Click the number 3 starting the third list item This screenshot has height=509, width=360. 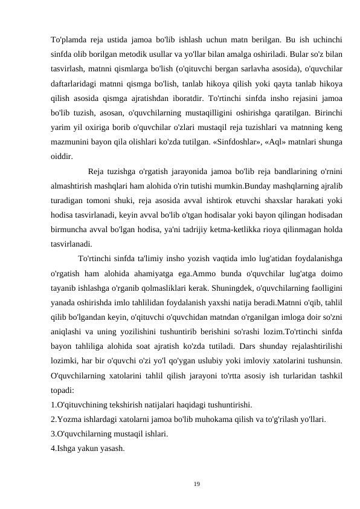pos(53,434)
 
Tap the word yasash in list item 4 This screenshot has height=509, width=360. pos(114,449)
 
